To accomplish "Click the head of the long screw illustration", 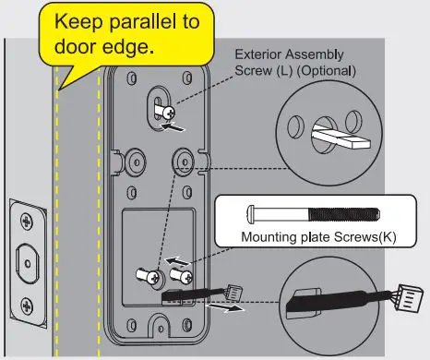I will tap(255, 212).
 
